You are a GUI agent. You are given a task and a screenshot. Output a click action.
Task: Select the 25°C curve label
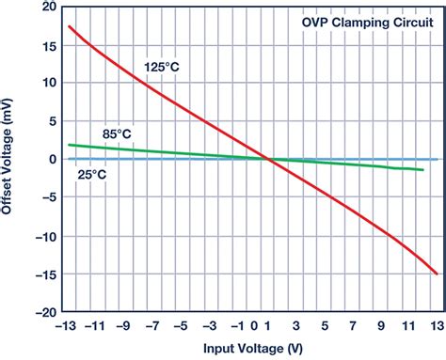pyautogui.click(x=91, y=174)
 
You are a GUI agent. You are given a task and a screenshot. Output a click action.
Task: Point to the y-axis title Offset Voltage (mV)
pyautogui.click(x=10, y=160)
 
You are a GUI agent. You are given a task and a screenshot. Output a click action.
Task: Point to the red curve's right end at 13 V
pyautogui.click(x=437, y=274)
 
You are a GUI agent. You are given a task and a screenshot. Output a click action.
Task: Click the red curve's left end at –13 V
pyautogui.click(x=70, y=26)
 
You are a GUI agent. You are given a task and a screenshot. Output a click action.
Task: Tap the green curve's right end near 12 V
pyautogui.click(x=423, y=170)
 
